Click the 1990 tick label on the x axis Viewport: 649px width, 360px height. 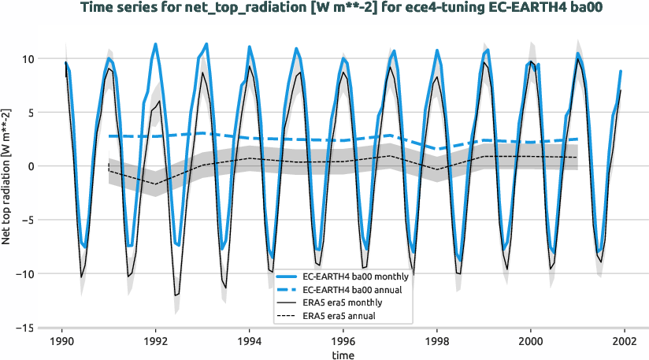point(62,342)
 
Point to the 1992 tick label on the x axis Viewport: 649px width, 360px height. point(156,342)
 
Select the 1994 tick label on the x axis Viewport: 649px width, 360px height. point(250,342)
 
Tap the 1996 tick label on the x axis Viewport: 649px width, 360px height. point(343,342)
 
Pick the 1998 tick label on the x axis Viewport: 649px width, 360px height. point(437,342)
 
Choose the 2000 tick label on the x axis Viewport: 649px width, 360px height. point(531,342)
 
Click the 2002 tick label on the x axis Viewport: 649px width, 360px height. point(625,342)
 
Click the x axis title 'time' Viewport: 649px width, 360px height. point(343,355)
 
